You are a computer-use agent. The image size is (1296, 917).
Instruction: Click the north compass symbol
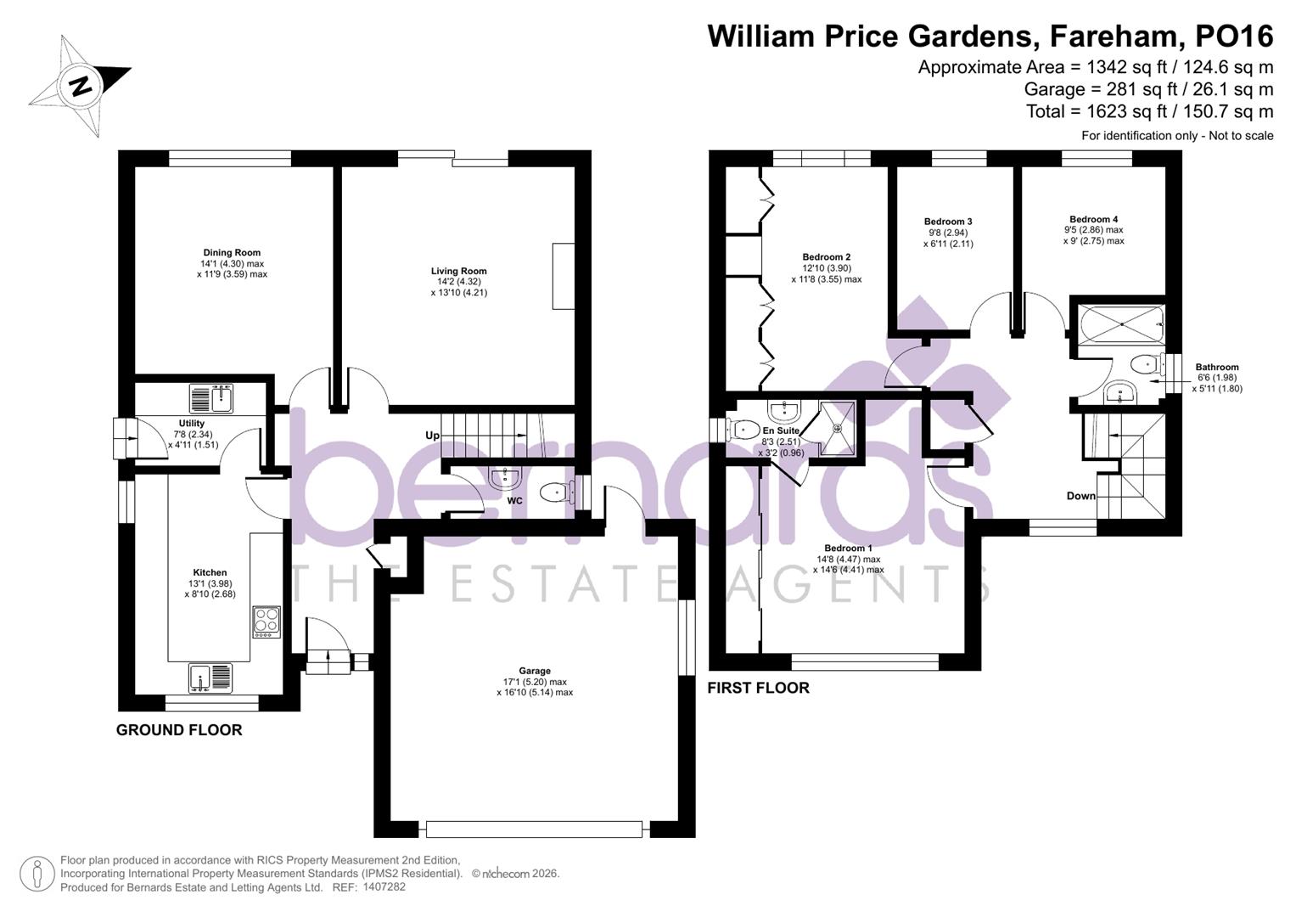pyautogui.click(x=80, y=86)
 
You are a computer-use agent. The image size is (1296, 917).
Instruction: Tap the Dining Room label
pyautogui.click(x=232, y=252)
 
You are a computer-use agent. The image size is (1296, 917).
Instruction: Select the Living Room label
pyautogui.click(x=458, y=272)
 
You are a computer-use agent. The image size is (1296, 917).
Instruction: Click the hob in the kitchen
pyautogui.click(x=266, y=622)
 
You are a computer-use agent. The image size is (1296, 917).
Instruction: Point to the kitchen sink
pyautogui.click(x=209, y=677)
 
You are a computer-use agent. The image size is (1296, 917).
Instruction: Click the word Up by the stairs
pyautogui.click(x=433, y=436)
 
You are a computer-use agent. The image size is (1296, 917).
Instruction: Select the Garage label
pyautogui.click(x=535, y=671)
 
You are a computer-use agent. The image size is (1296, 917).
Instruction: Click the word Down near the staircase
pyautogui.click(x=1080, y=496)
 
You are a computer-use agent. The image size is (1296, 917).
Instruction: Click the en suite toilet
pyautogui.click(x=740, y=430)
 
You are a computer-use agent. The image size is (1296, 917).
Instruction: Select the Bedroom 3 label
pyautogui.click(x=948, y=222)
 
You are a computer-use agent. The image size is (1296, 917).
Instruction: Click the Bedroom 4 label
pyautogui.click(x=1093, y=219)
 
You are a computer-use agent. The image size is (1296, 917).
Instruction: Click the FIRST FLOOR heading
pyautogui.click(x=758, y=688)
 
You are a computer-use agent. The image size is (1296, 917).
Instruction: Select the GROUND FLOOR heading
pyautogui.click(x=179, y=730)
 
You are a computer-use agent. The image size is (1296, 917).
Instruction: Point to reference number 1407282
pyautogui.click(x=384, y=887)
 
